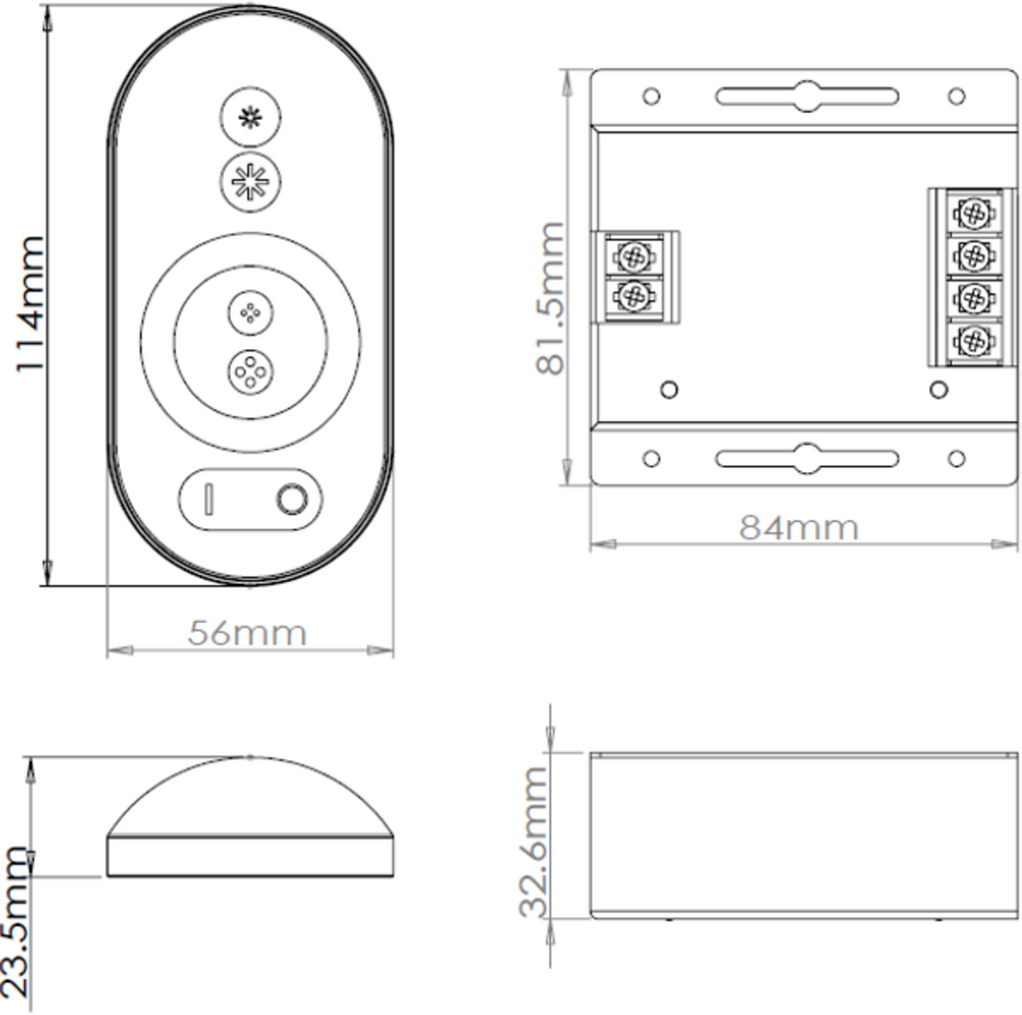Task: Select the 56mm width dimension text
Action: pos(248,633)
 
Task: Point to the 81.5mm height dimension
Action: pos(552,298)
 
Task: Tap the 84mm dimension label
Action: pos(798,527)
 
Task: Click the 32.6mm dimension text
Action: pos(535,841)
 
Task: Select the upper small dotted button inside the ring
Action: pos(250,312)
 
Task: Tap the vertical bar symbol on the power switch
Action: pos(209,499)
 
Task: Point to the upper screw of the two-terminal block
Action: pos(631,256)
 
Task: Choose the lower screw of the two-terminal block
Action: pos(631,296)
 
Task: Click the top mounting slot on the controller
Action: pos(806,97)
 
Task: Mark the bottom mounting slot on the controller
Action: pos(806,459)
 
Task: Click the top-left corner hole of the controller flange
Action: pos(651,97)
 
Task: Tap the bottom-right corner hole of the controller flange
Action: pos(956,459)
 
